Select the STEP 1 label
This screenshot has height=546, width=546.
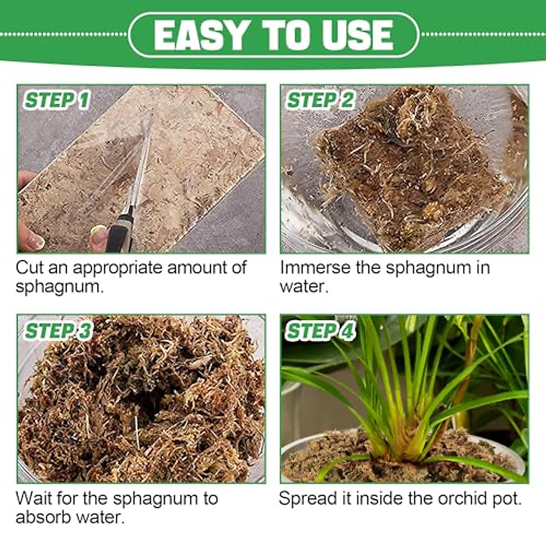(57, 101)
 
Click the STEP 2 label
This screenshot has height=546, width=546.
(320, 101)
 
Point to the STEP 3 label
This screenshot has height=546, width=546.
(58, 331)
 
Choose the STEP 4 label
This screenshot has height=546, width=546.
(320, 331)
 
